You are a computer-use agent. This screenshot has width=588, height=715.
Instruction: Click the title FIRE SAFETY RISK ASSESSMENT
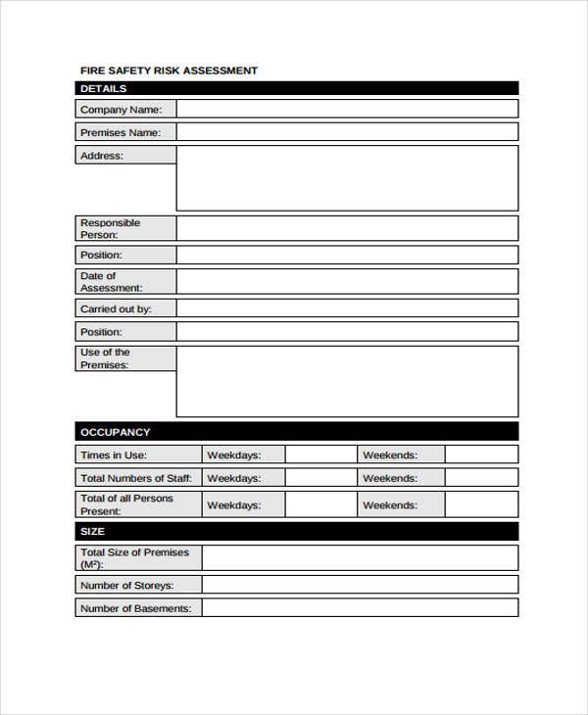[x=169, y=71]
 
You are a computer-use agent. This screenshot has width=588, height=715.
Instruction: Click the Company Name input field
[x=347, y=109]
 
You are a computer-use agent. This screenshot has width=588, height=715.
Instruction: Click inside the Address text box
[x=347, y=178]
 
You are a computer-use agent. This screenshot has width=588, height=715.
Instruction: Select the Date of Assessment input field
[x=347, y=281]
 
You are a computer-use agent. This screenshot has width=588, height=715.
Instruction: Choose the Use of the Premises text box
[x=347, y=381]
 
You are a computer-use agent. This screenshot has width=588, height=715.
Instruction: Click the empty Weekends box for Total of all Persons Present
[x=481, y=504]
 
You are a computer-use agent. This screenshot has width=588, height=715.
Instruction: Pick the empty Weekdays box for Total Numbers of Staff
[x=320, y=478]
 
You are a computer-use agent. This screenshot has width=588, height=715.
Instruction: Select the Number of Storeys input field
[x=360, y=585]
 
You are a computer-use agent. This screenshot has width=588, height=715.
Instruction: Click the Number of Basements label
[x=138, y=608]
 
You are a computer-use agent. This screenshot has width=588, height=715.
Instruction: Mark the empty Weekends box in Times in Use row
[x=481, y=454]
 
